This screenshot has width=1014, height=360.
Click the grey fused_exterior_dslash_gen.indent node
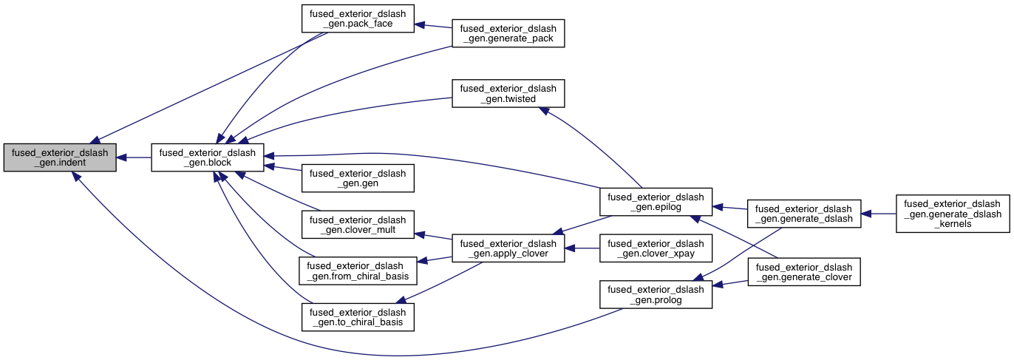point(60,157)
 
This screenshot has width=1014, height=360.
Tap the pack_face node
point(357,18)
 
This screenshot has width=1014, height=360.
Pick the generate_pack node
point(508,33)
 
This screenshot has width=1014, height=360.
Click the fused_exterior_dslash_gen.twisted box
point(508,93)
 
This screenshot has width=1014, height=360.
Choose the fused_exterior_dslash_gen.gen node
point(357,178)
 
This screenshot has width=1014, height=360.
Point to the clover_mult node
point(357,225)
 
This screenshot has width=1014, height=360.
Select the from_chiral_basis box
point(357,271)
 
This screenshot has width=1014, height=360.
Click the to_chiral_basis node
point(357,316)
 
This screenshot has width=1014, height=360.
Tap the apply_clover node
point(508,248)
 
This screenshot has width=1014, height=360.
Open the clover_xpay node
point(655,248)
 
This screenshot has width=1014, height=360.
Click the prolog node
point(655,294)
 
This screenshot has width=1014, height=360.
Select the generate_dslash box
point(804,213)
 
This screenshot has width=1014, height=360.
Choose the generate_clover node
point(804,271)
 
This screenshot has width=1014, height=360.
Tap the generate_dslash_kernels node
point(952,214)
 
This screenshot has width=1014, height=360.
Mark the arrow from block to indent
point(134,157)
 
